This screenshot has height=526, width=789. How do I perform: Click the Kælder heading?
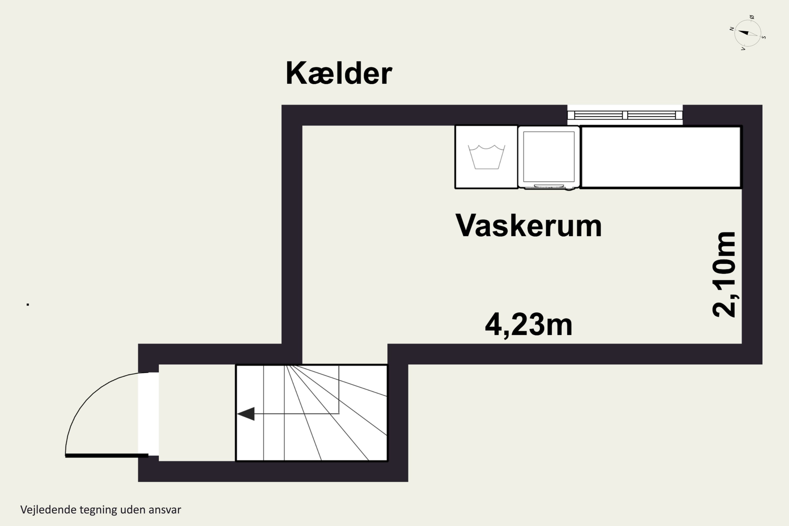[x=339, y=73]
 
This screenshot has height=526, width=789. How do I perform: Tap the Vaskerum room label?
[x=528, y=225]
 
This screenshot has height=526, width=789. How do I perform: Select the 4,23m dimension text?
[x=528, y=324]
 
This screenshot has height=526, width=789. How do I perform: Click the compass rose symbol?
[x=747, y=33]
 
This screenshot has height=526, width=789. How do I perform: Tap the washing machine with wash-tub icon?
[x=486, y=157]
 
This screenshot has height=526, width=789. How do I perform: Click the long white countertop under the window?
[x=661, y=157]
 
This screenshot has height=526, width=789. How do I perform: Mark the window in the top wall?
[x=625, y=115]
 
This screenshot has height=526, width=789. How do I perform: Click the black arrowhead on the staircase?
[x=246, y=414]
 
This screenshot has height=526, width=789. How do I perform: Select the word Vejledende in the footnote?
[x=48, y=510]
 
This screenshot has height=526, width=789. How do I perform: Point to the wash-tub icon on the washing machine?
[x=486, y=157]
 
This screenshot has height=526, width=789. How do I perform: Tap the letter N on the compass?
[x=732, y=29]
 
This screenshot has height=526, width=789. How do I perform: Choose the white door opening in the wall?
[x=148, y=414]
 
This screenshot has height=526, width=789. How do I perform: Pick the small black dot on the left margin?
[x=28, y=305]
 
